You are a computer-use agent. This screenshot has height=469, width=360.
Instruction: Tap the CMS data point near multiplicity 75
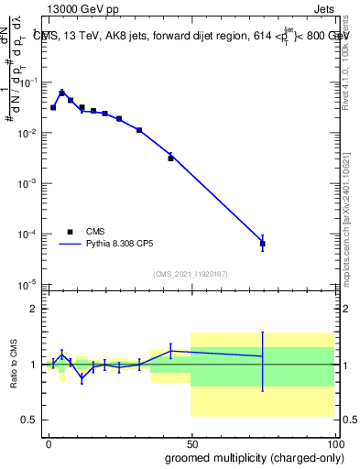(x=263, y=244)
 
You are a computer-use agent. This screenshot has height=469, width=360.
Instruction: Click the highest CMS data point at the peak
(x=61, y=93)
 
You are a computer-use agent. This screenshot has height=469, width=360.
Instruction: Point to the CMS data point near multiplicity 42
(x=170, y=158)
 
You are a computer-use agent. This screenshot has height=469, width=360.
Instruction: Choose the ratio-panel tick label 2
(x=34, y=309)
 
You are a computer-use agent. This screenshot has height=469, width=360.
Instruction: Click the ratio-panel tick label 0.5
(x=30, y=420)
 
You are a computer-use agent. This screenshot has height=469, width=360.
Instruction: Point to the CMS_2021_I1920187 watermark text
(x=191, y=274)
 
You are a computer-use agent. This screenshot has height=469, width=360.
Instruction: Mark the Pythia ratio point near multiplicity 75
(x=263, y=355)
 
